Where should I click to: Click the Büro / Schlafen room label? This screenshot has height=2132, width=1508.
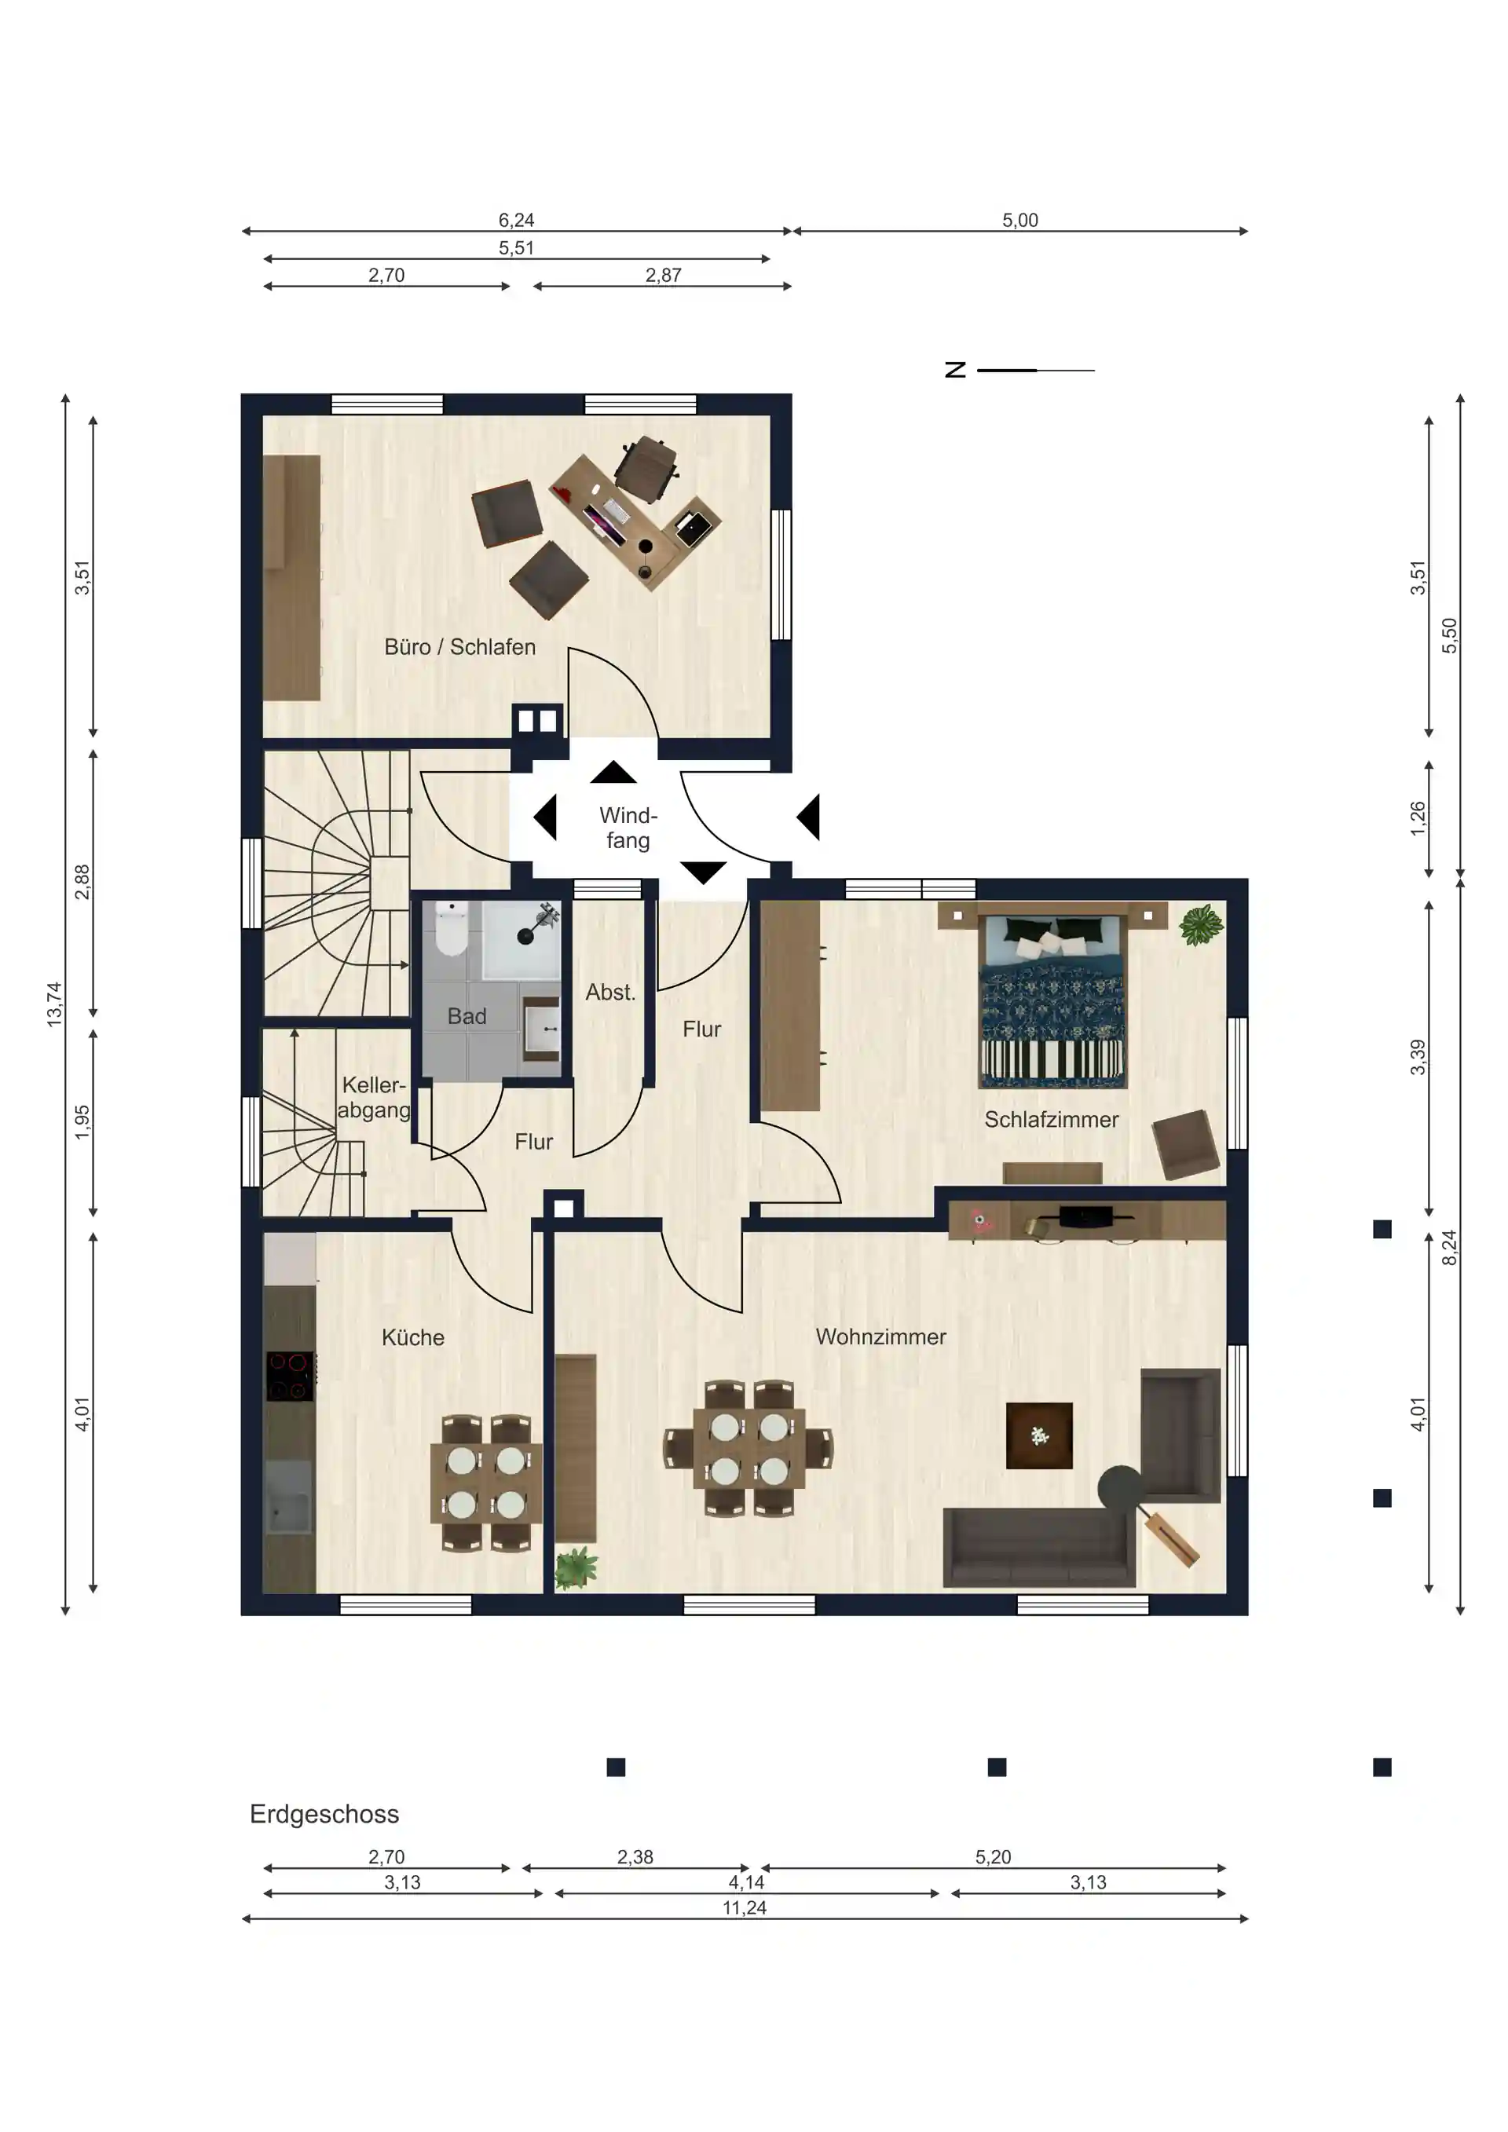click(459, 647)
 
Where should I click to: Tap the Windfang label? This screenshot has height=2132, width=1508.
click(628, 828)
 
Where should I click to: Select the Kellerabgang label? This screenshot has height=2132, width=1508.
click(373, 1098)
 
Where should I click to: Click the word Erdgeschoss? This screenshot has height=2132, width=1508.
click(324, 1813)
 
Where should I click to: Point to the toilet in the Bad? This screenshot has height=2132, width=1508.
click(452, 928)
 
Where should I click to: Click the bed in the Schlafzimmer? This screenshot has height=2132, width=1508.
click(1053, 1001)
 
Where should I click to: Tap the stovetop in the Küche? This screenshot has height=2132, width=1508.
click(291, 1376)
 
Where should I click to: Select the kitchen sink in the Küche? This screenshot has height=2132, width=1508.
click(290, 1497)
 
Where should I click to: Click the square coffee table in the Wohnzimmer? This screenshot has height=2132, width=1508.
click(1039, 1435)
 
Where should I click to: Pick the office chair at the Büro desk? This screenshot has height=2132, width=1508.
click(646, 469)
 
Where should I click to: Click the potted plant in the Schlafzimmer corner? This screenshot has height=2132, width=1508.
click(1202, 925)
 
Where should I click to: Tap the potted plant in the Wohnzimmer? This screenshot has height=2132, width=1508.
click(576, 1567)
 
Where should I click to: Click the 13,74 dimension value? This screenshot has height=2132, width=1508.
click(55, 1004)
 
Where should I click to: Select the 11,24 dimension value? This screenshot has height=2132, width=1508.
click(745, 1907)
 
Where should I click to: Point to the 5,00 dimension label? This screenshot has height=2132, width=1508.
click(1019, 220)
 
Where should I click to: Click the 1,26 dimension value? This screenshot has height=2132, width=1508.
click(1417, 818)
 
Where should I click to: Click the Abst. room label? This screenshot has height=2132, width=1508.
click(610, 992)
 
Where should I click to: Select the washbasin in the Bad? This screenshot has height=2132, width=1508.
click(542, 1029)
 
